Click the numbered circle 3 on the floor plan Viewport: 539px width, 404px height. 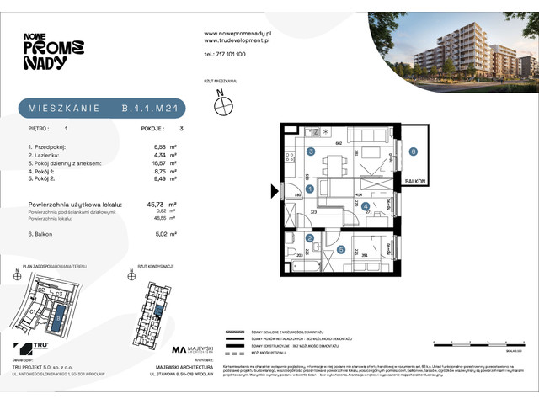(x=311, y=151)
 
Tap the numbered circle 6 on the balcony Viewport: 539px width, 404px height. (x=413, y=152)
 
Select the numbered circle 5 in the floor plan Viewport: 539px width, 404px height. (x=340, y=249)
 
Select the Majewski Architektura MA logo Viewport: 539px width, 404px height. (x=179, y=349)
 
